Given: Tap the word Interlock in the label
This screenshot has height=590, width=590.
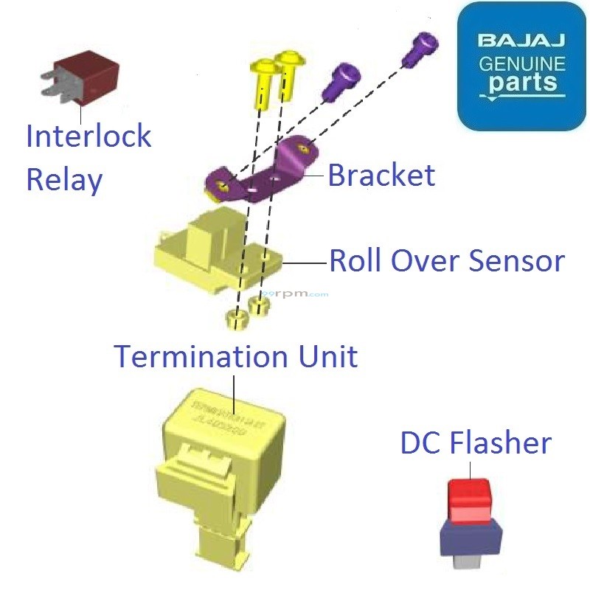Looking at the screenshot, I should tap(88, 136).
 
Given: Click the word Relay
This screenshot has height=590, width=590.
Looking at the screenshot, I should tap(64, 179).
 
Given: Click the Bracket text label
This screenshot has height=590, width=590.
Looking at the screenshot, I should tap(381, 176).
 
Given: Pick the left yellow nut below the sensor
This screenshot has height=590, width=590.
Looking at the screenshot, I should tap(235, 319).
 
